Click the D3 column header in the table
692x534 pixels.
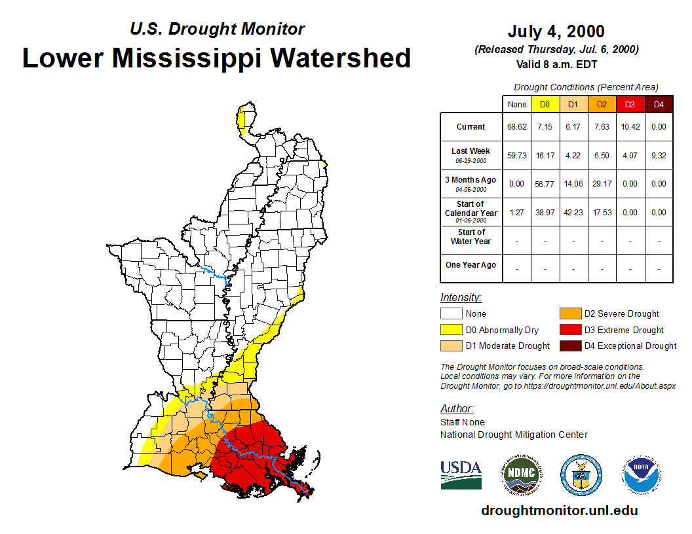(x=630, y=105)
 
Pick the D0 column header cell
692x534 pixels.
(x=545, y=105)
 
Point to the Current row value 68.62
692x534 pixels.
(x=516, y=127)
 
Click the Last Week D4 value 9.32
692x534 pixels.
(x=659, y=156)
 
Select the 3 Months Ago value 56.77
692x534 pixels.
(x=545, y=184)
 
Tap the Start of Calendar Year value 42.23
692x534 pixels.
(x=573, y=213)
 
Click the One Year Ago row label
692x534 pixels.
(x=471, y=265)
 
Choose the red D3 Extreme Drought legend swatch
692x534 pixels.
(x=569, y=330)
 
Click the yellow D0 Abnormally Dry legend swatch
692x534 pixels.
(x=451, y=330)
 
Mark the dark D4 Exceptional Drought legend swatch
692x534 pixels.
(x=569, y=346)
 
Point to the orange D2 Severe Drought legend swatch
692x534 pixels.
(x=569, y=314)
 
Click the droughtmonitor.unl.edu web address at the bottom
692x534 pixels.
(x=559, y=510)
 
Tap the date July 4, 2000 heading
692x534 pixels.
(x=556, y=31)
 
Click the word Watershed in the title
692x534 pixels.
(x=341, y=58)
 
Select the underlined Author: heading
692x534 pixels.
(x=456, y=409)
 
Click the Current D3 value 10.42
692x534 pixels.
(x=630, y=127)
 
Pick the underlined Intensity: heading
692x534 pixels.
(x=461, y=297)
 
